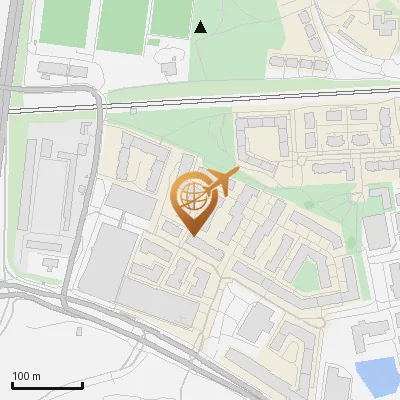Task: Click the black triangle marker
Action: click(200, 27)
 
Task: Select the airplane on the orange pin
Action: click(219, 183)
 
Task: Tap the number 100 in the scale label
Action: click(22, 376)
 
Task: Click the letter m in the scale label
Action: click(36, 376)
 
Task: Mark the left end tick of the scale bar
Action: click(12, 385)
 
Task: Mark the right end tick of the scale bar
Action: click(83, 385)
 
